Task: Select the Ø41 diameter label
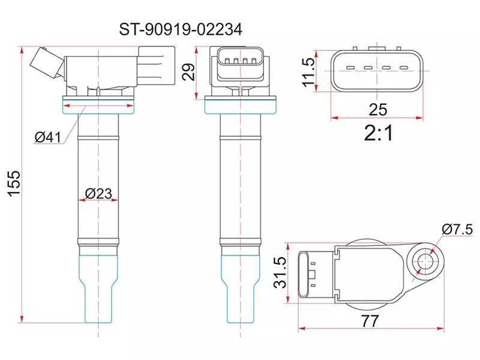[48, 137]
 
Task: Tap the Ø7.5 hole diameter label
[458, 229]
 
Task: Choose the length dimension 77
[371, 322]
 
